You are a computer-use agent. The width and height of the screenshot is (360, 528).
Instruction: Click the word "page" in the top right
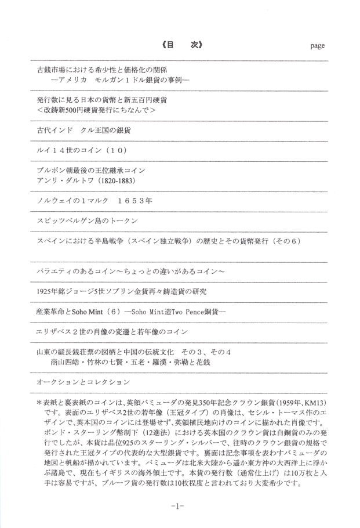(x=317, y=45)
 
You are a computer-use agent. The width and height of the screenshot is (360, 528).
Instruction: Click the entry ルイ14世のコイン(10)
(x=82, y=150)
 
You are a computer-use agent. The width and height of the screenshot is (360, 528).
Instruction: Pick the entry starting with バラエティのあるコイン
(x=130, y=271)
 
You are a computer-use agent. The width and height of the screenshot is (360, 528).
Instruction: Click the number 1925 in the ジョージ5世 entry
(x=44, y=291)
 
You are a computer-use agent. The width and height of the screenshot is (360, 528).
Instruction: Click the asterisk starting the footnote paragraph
(x=39, y=402)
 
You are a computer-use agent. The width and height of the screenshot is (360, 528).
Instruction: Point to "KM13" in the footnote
(x=317, y=402)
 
